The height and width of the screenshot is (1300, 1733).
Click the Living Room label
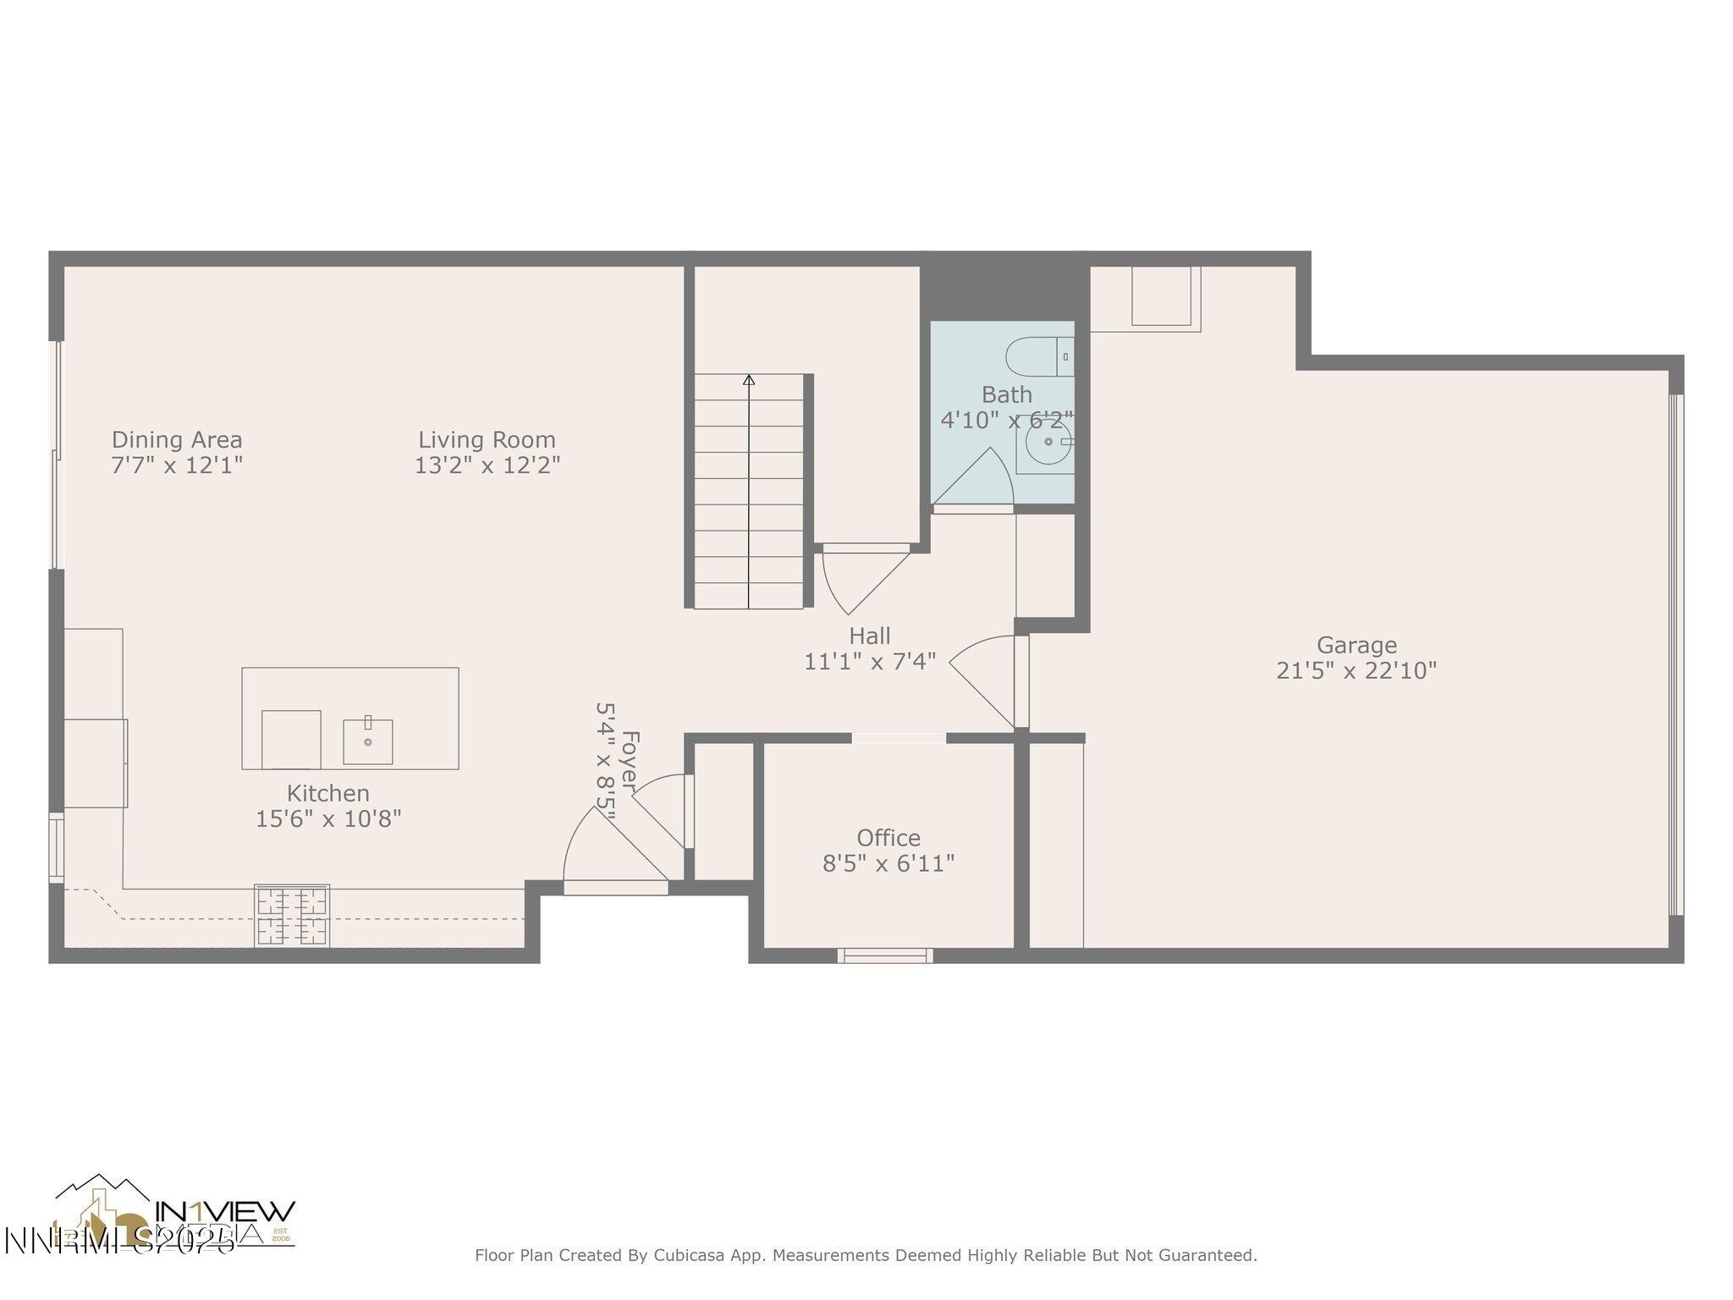point(487,440)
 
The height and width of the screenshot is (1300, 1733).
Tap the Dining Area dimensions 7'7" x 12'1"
point(177,465)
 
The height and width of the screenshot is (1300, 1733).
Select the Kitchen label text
point(327,794)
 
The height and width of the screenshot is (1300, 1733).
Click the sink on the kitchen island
point(368,741)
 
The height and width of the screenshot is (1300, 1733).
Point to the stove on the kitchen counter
point(292,916)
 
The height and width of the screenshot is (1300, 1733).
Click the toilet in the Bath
point(1039,357)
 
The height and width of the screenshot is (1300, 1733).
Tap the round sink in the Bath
point(1048,442)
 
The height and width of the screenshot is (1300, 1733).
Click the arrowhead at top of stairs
point(749,380)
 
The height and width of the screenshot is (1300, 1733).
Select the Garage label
point(1356,646)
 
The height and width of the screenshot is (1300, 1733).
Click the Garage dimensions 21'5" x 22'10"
point(1356,671)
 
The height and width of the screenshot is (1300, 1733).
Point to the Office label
point(889,838)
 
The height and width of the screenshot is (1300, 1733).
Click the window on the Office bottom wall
point(885,956)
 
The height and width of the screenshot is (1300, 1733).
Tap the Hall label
point(870,636)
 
